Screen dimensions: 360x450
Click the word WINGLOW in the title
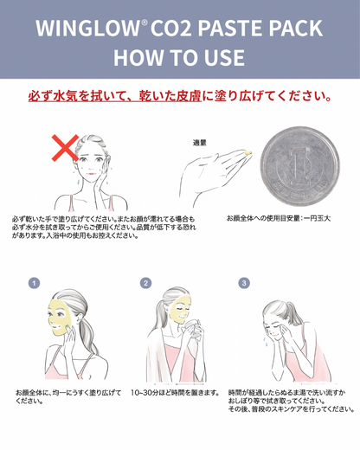[87, 29]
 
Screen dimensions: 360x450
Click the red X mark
[65, 148]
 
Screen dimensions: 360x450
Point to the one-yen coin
[299, 166]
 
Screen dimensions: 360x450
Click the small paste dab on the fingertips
[247, 152]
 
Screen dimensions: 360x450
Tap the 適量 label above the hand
[199, 143]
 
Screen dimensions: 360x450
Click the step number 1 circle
[34, 283]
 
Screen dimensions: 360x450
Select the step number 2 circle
[145, 283]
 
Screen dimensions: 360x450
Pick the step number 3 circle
[244, 283]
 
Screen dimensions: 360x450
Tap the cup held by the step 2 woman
[191, 327]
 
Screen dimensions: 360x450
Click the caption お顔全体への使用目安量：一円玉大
[279, 218]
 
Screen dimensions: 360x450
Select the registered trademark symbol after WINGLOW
[145, 22]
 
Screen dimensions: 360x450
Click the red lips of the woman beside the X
[91, 174]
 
